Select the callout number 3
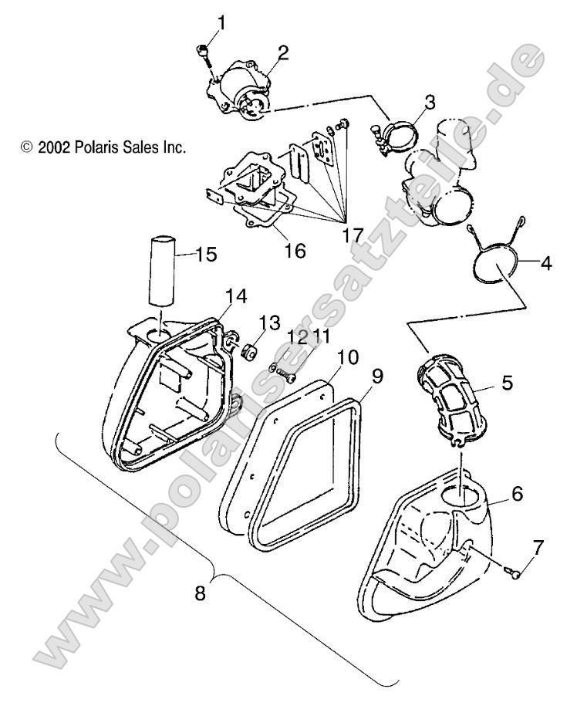[x=430, y=100]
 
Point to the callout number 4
[x=545, y=263]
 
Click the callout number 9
[x=377, y=378]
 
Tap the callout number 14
[x=237, y=296]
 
